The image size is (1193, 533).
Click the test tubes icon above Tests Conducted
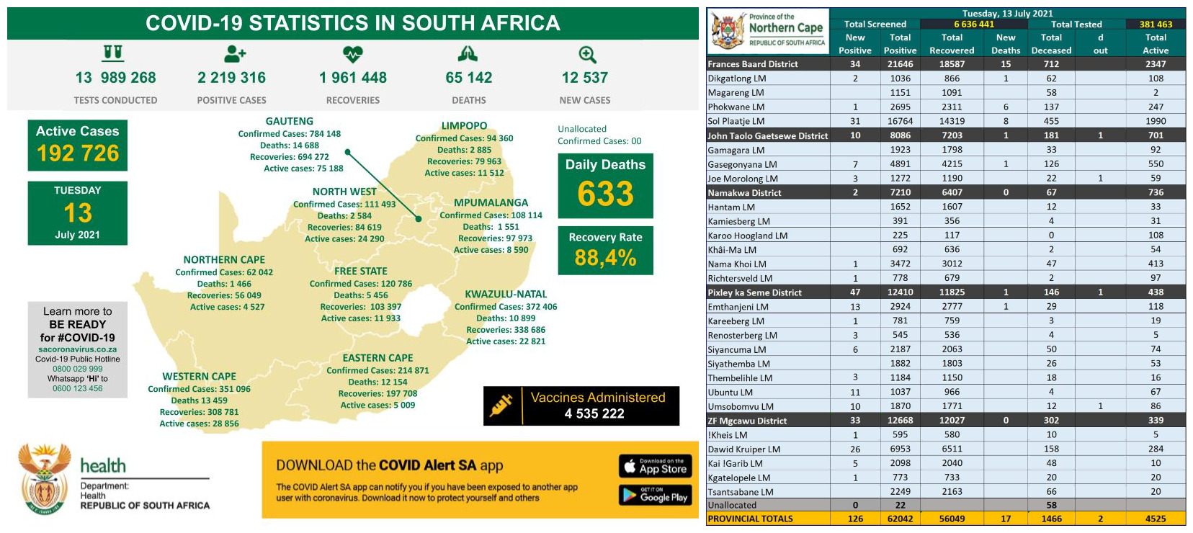(x=113, y=53)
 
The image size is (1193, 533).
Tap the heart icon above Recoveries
(x=353, y=54)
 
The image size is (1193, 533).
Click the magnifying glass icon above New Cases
(x=587, y=55)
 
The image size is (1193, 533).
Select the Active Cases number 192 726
(x=78, y=153)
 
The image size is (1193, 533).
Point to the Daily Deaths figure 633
(x=605, y=194)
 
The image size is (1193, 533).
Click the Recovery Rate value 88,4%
(x=605, y=257)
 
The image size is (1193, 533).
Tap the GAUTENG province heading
(x=289, y=122)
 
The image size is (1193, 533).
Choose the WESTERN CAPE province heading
(x=199, y=377)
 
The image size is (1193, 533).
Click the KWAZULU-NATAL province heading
(x=506, y=295)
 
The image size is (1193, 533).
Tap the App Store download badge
(x=655, y=466)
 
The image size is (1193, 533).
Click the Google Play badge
(x=655, y=495)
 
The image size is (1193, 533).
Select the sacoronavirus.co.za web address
(x=77, y=349)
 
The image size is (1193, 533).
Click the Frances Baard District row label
(x=753, y=64)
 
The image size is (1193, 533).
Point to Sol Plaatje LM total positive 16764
(x=900, y=121)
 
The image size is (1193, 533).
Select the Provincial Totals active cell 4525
(x=1156, y=519)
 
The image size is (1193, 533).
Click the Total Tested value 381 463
(x=1156, y=24)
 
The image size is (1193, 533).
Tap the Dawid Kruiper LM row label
(x=743, y=449)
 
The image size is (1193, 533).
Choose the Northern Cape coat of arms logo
(x=728, y=30)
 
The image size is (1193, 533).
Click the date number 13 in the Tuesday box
(x=78, y=213)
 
